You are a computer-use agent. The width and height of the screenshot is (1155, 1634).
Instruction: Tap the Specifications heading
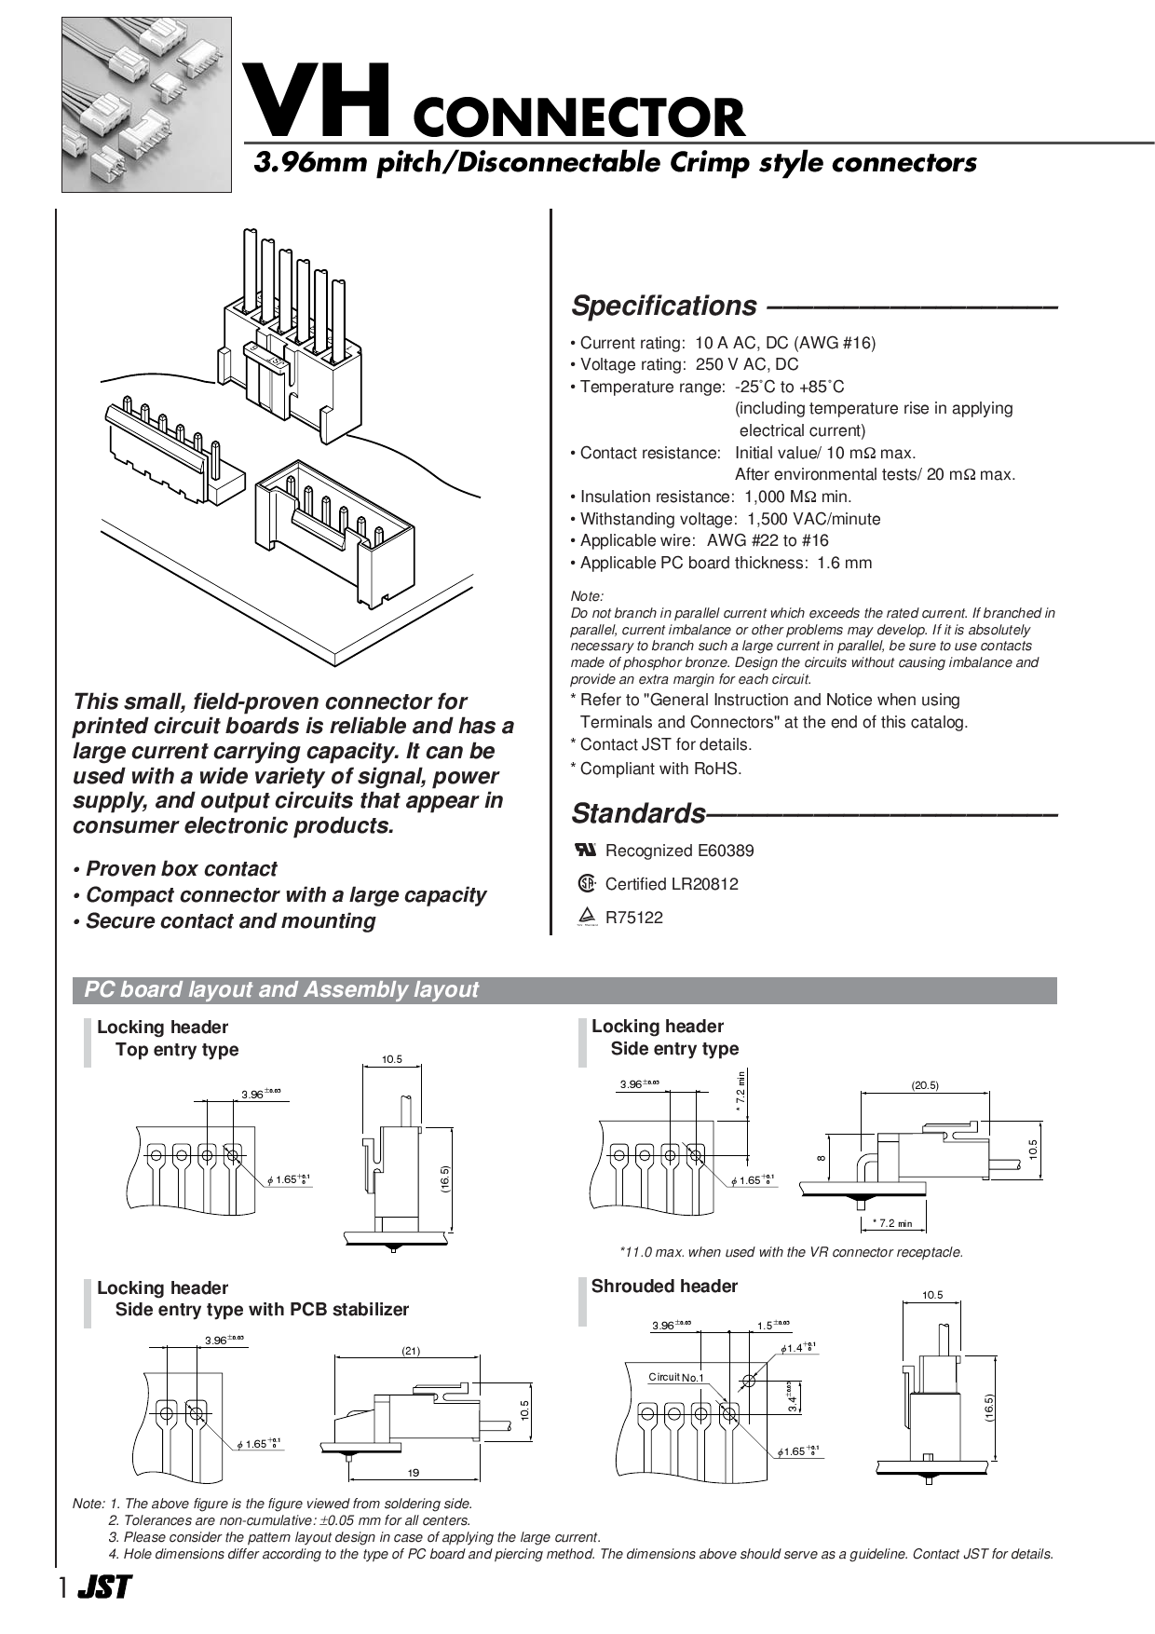pyautogui.click(x=663, y=306)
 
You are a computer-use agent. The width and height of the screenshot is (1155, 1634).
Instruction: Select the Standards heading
pyautogui.click(x=638, y=813)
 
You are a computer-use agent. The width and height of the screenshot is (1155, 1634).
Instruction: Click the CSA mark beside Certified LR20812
pyautogui.click(x=586, y=883)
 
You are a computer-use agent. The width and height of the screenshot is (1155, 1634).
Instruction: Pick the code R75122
pyautogui.click(x=633, y=918)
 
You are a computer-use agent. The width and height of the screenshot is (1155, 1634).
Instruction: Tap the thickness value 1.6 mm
pyautogui.click(x=844, y=563)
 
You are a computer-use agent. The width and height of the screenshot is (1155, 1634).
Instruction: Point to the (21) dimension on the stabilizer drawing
pyautogui.click(x=411, y=1351)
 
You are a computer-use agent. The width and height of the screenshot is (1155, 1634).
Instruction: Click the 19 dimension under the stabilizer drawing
pyautogui.click(x=414, y=1473)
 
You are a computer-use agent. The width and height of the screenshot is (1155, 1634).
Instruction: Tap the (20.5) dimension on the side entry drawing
pyautogui.click(x=925, y=1085)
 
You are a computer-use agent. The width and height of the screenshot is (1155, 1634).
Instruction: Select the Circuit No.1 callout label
pyautogui.click(x=676, y=1378)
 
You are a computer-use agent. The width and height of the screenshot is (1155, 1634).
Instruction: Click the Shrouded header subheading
pyautogui.click(x=664, y=1287)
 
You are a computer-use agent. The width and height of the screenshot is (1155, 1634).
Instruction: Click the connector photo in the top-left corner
pyautogui.click(x=146, y=104)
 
